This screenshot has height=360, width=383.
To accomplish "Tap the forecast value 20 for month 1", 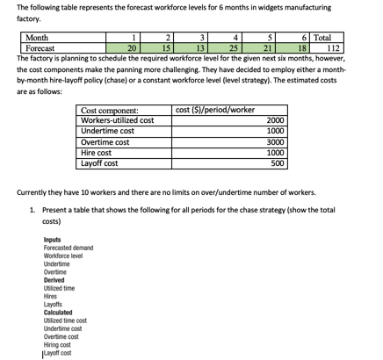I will (x=131, y=48).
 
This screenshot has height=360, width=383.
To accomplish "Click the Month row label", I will (x=38, y=38).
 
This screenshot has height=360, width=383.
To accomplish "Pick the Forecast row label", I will (x=40, y=48).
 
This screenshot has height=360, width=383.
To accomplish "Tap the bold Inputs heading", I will (x=52, y=240).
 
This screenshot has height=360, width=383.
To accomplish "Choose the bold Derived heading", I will (x=54, y=280).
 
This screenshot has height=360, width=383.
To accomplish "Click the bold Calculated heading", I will (x=58, y=313).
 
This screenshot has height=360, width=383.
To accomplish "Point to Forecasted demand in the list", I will (x=68, y=248).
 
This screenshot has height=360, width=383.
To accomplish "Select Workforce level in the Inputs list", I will (x=62, y=256).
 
